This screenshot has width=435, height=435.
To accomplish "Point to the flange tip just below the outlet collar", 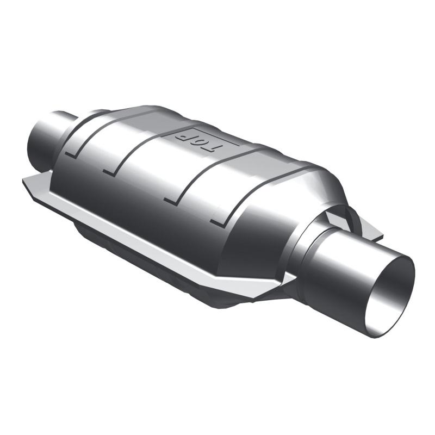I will pos(288,280).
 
